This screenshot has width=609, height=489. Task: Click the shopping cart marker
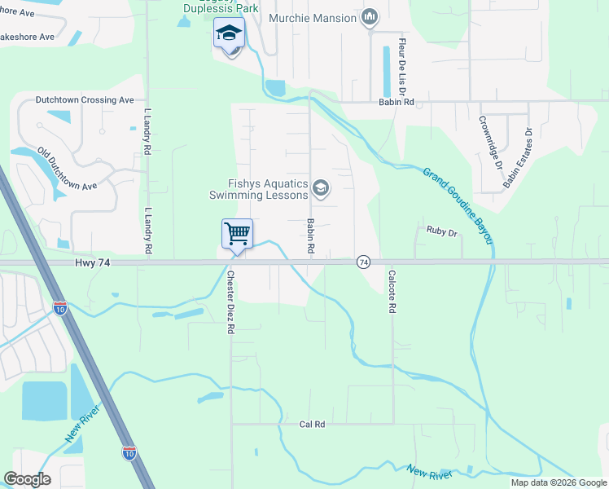(237, 234)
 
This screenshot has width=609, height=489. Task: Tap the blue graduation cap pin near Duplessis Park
(229, 35)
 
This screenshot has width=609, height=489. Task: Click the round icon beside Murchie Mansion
(370, 17)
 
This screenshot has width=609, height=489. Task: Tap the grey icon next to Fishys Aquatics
(321, 189)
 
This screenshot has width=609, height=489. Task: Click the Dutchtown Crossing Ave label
(84, 100)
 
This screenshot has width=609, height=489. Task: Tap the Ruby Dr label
(443, 231)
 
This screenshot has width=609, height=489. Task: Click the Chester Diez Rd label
(231, 302)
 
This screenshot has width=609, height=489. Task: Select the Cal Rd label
(312, 424)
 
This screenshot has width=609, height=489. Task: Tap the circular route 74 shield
(363, 262)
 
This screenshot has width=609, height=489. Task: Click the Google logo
(27, 479)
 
